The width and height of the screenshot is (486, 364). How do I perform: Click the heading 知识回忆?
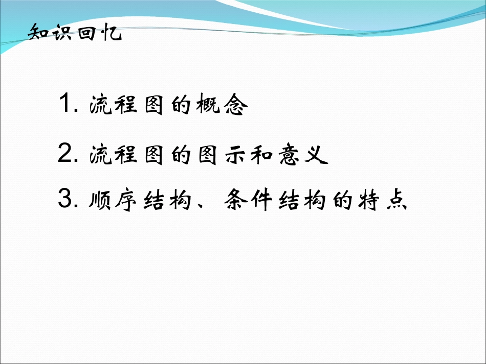(x=75, y=34)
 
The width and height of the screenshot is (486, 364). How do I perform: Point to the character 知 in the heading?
(x=38, y=34)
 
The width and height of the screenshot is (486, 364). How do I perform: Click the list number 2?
(x=68, y=154)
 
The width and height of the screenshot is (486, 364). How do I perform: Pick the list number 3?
(x=68, y=200)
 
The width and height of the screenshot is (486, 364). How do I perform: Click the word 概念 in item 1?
(x=221, y=106)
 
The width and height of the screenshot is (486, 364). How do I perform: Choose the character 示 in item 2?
(x=235, y=155)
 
